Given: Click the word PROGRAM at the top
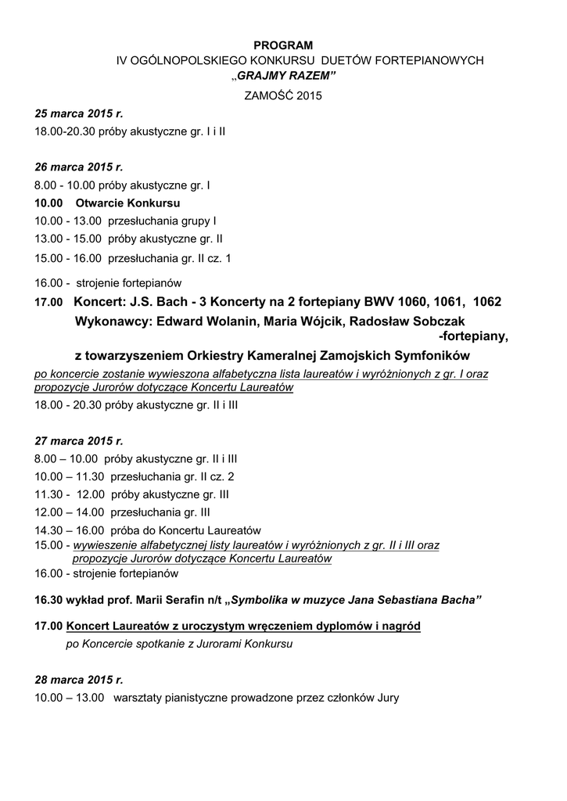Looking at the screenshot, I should coord(283,45).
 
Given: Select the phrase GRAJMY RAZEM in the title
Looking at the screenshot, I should coord(285,77).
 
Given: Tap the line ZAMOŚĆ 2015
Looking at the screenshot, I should coord(284,95).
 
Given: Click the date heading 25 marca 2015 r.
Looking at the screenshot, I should coord(79,113).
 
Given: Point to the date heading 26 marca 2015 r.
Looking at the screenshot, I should coord(79,167).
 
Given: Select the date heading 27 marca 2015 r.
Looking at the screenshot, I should coord(79,440).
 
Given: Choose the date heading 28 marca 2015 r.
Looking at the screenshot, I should coord(79,679).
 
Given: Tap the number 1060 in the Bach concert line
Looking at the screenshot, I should coord(414,302).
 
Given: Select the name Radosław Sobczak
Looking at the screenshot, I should coord(402,321).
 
